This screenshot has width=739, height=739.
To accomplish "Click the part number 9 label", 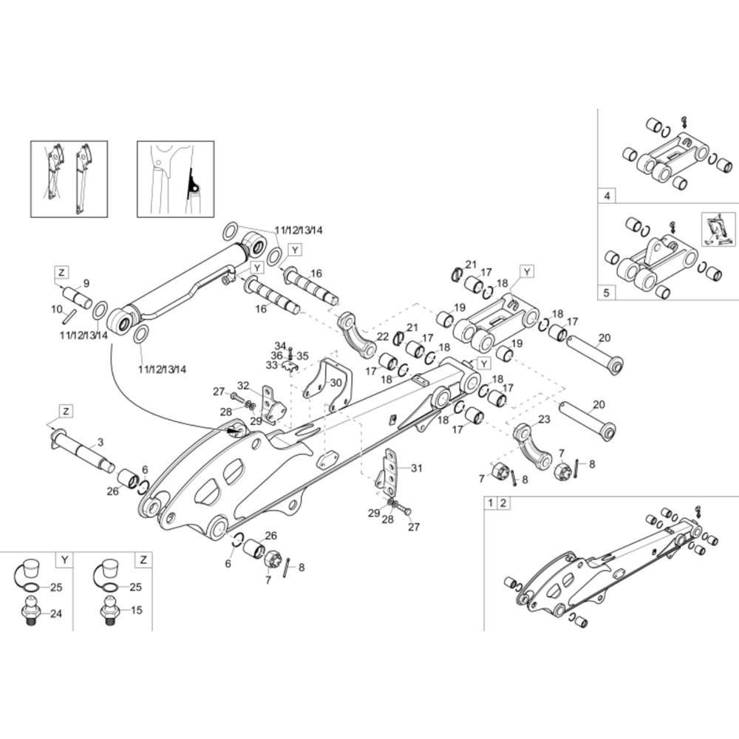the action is pos(86,283).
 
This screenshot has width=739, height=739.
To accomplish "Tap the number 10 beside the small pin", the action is pos(57,310).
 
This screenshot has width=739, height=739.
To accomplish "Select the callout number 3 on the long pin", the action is pos(101,442).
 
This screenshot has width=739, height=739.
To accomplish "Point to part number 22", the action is pos(383,336).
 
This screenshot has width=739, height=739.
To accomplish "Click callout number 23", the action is pos(544,420).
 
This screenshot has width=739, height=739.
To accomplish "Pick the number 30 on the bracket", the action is pos(336,383).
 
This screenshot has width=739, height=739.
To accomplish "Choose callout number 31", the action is pos(417,468).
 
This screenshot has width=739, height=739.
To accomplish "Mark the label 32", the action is pos(243,386).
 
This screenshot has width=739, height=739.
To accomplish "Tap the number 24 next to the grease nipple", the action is pos(56,613).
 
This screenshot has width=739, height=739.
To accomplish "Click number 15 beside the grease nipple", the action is pos(136,610).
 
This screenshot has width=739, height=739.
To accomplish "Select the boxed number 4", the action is pos(607,196).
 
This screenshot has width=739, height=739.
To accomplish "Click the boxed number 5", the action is pos(607,293).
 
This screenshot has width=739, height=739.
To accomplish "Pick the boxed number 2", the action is pos(503,503).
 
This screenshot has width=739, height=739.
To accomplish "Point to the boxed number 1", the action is pos(491,503).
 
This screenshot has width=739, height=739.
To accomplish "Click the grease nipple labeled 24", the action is pos(30,611).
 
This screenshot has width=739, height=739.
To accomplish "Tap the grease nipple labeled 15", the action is pos(110,611).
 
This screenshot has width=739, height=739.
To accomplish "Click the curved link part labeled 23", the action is pos(531,448).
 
